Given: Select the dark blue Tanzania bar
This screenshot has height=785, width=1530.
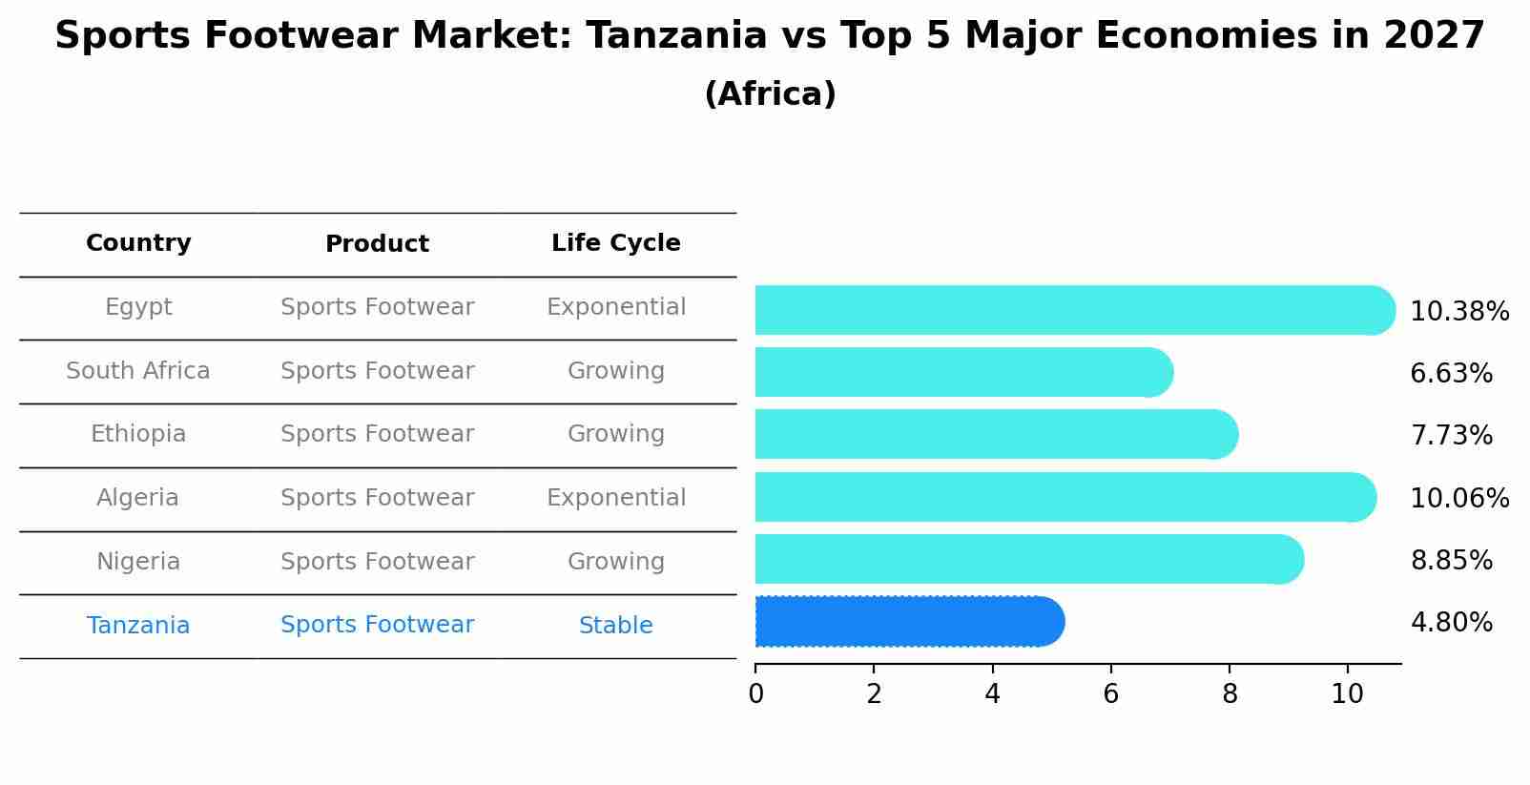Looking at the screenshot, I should tap(906, 622).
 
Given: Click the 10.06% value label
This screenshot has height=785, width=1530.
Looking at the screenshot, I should tap(1458, 498).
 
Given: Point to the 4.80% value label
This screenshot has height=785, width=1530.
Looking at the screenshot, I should tap(1451, 623).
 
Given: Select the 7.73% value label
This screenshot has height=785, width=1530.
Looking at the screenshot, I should tap(1451, 436).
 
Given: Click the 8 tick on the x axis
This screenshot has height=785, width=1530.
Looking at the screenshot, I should tap(1229, 694).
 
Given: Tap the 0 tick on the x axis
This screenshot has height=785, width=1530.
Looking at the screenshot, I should tap(755, 694).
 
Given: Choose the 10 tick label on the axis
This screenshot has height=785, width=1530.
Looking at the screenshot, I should tap(1347, 694).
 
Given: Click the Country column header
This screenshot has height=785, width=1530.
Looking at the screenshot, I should tap(138, 243).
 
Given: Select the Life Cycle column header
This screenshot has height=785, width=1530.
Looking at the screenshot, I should tap(615, 243).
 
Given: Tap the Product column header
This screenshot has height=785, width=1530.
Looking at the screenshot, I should tap(377, 244).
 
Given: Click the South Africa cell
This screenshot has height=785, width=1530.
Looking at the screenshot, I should tap(138, 371).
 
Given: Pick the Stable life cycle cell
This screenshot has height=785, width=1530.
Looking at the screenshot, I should tap(615, 626).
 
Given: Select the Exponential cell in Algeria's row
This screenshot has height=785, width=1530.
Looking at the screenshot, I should tap(615, 498).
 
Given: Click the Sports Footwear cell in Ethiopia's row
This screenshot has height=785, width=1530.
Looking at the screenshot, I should tap(377, 434).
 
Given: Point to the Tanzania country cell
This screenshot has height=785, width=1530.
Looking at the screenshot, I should tap(138, 626).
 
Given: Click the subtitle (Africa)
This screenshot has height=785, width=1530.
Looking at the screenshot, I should tap(770, 94).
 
